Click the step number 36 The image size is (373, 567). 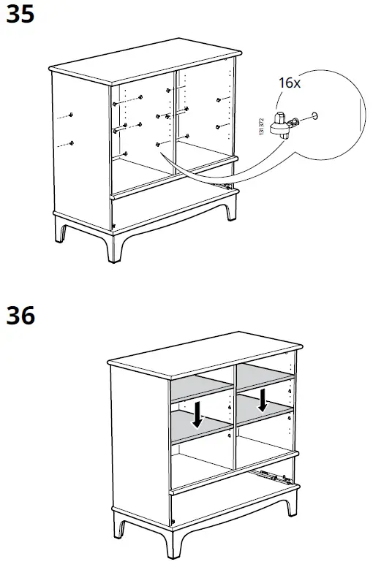pos(20,316)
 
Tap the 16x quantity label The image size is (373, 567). pos(290,83)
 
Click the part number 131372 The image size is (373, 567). pos(261,126)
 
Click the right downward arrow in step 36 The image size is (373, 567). pos(263,399)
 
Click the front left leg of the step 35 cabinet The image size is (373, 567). pos(113,248)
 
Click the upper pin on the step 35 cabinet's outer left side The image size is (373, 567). pos(70,115)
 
